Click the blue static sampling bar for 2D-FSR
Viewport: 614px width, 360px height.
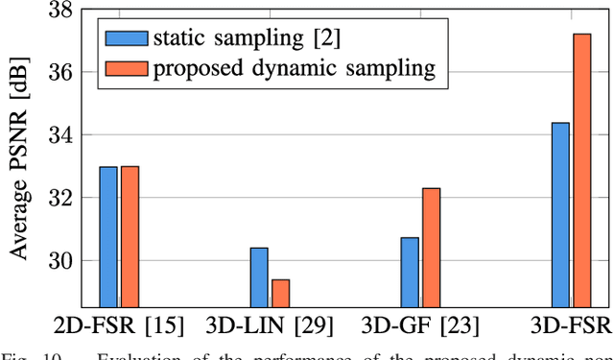(108, 236)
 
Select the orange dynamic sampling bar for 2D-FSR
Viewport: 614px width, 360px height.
(130, 236)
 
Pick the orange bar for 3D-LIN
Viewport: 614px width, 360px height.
(280, 292)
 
